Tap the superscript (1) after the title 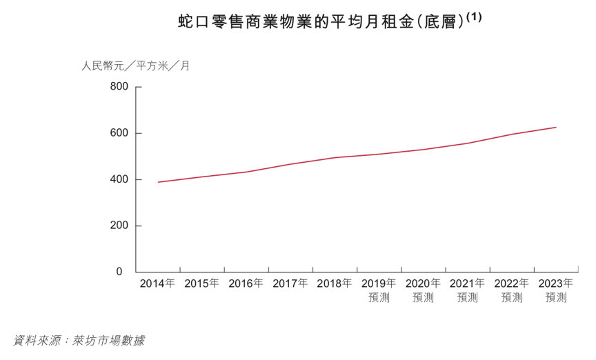click(x=474, y=17)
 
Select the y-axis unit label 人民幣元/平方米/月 click(x=135, y=67)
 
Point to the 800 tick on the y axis click(x=119, y=87)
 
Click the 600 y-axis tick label click(x=119, y=133)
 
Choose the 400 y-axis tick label click(x=119, y=179)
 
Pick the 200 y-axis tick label click(x=119, y=226)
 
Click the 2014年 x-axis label click(x=157, y=283)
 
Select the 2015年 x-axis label click(x=201, y=283)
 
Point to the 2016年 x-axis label click(x=246, y=283)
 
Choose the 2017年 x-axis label click(x=290, y=283)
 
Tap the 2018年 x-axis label click(x=335, y=283)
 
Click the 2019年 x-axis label click(x=379, y=283)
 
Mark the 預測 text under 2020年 click(x=423, y=298)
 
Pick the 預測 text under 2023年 click(x=556, y=298)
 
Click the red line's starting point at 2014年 click(x=158, y=182)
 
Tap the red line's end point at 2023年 click(x=556, y=127)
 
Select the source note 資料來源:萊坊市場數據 click(x=79, y=341)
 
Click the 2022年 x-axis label click(x=512, y=283)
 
